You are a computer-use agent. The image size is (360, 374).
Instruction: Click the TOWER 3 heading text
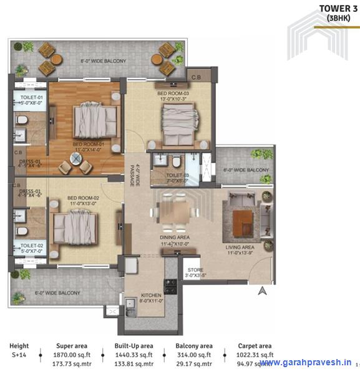[x=338, y=8]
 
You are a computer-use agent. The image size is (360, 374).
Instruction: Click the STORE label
[x=195, y=270]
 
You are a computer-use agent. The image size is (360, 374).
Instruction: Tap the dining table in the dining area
[x=175, y=212]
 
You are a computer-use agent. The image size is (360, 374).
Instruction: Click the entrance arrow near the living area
[x=263, y=290]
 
